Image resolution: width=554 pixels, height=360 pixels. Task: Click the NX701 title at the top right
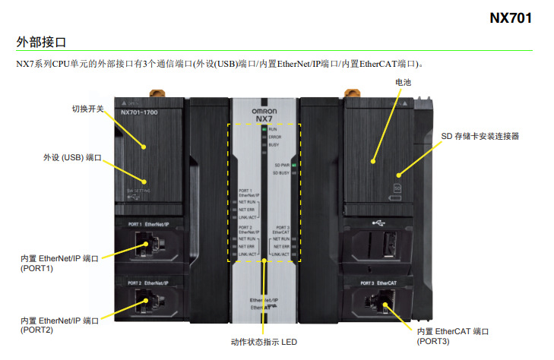point(510,17)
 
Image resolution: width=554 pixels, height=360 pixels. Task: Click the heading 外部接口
point(41,41)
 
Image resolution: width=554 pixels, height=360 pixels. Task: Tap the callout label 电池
point(404,82)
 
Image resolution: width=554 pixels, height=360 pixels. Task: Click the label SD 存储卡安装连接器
point(480,136)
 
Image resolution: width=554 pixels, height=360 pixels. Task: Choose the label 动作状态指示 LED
point(263,343)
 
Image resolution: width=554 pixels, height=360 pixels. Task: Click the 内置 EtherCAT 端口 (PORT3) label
point(453,336)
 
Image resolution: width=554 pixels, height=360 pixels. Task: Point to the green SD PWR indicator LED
point(293,163)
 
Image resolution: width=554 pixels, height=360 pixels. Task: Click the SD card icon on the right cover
point(397,186)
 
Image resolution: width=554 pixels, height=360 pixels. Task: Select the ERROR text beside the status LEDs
point(274,137)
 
